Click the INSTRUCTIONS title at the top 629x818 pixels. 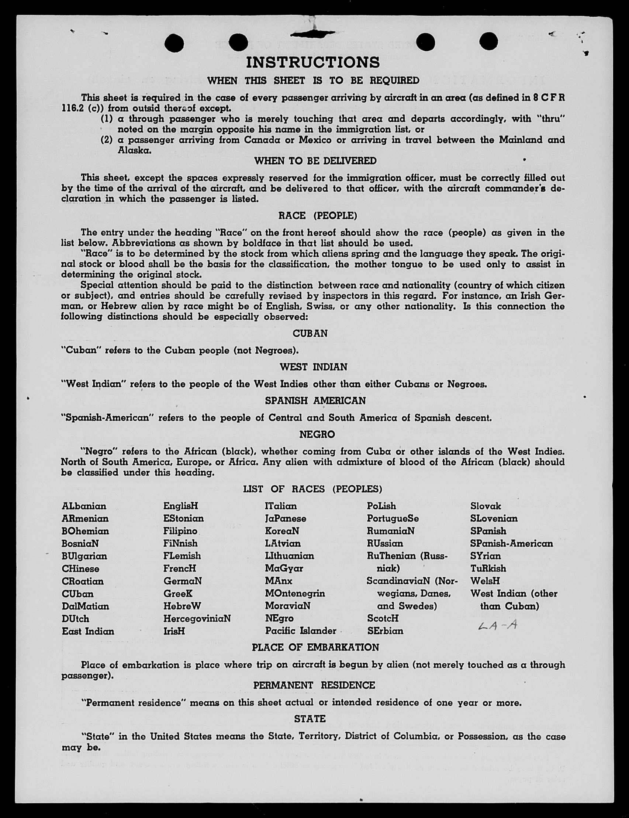312,62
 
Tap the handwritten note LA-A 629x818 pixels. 498,624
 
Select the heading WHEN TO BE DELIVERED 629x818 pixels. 315,161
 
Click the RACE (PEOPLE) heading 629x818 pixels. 318,215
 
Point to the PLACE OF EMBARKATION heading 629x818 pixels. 315,647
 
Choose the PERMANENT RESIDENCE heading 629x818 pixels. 314,685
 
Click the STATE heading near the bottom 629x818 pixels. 310,719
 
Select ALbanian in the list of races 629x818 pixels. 84,506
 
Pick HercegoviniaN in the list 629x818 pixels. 197,618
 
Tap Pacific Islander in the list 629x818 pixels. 301,631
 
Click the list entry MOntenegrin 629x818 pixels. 295,593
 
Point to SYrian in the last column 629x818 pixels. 485,556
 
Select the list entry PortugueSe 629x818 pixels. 393,518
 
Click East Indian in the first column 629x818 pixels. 88,631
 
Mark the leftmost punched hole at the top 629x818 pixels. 174,43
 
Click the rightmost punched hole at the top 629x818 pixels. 488,41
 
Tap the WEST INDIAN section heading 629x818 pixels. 313,367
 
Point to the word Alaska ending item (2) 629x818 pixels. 134,150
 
